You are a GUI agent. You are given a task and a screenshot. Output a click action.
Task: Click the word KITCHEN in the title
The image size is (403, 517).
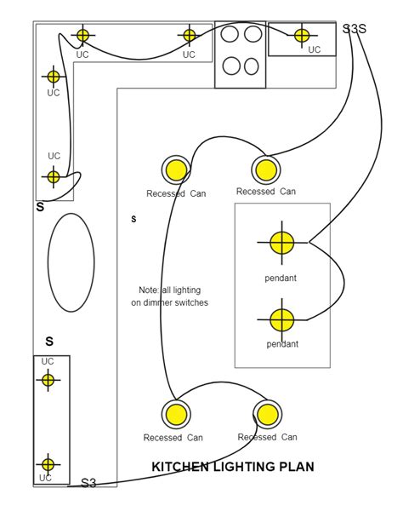coord(180,467)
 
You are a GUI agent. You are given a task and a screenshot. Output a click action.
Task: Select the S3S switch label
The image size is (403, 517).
coord(355,29)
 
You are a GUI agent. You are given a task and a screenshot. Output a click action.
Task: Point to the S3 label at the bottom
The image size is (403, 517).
coord(88,483)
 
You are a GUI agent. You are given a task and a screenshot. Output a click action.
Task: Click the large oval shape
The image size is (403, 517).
coord(48,262)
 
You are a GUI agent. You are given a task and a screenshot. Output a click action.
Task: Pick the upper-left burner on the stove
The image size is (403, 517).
coord(230,34)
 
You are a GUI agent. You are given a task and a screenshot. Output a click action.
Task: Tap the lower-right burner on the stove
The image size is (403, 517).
coord(252,66)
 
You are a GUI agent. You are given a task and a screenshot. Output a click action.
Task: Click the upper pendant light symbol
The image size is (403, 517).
coord(281,243)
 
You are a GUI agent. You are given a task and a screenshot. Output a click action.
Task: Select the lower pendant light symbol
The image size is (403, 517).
coord(281,320)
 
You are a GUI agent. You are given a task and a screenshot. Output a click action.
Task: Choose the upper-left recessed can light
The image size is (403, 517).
coord(176,170)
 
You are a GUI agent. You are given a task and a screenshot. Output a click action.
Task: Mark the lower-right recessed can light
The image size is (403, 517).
coord(268,415)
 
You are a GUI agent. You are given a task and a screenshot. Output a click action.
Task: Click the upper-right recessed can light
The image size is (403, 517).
coord(266,170)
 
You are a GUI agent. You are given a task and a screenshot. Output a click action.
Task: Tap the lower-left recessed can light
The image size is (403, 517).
coord(176,415)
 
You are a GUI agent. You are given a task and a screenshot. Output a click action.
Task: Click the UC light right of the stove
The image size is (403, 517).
coord(302,35)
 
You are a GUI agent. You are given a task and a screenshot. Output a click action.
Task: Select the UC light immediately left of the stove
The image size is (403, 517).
coord(189,35)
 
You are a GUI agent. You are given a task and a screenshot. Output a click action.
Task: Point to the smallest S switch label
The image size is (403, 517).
coord(133,219)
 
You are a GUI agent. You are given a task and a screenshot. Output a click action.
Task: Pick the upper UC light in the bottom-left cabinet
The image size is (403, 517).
coord(48,380)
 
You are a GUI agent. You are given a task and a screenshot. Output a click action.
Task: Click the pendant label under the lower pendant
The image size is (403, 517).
coord(282,344)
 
